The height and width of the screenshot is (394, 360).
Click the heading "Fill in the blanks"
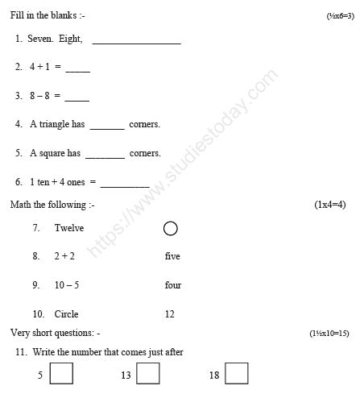point(43,15)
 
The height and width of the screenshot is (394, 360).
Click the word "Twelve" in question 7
point(69,228)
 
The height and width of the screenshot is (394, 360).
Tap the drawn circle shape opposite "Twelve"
point(170,229)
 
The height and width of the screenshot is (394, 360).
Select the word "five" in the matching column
point(172,256)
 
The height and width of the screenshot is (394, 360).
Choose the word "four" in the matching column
point(172,285)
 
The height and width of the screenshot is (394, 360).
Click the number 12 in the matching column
point(169,314)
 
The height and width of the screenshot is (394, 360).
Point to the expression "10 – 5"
point(66,285)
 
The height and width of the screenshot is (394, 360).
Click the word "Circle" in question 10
point(66,314)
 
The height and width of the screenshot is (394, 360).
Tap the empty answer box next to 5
point(61,374)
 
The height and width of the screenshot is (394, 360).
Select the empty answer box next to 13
point(148,374)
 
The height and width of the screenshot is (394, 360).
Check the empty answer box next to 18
point(237,374)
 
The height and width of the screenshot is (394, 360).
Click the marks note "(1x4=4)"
point(329,205)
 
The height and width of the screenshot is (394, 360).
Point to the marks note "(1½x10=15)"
point(329,333)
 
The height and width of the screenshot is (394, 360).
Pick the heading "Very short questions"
point(55,333)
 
